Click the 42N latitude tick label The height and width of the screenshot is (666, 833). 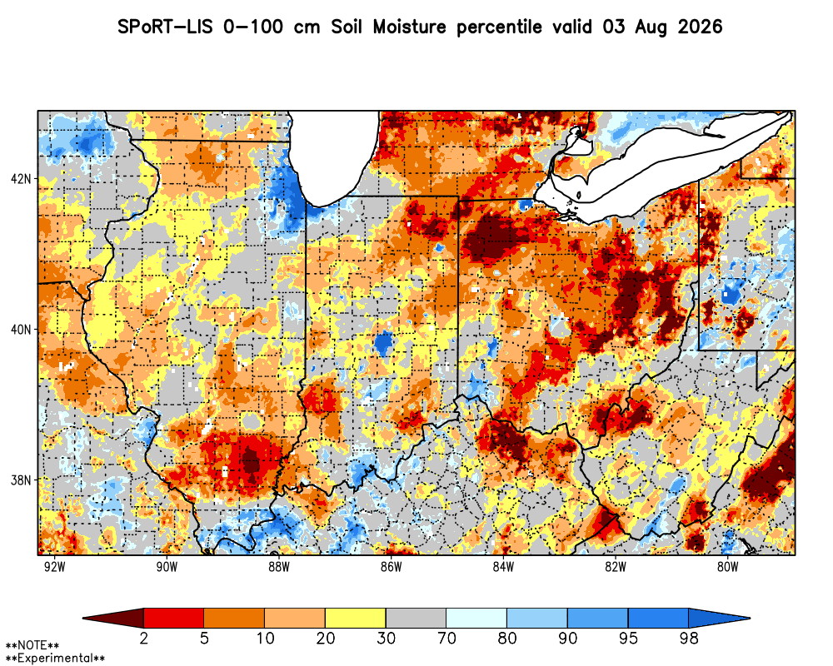click(21, 178)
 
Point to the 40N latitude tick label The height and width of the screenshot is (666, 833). click(21, 330)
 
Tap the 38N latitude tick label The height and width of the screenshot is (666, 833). click(21, 480)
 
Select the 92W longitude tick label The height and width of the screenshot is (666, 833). click(54, 567)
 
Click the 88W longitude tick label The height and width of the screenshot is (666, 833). click(279, 567)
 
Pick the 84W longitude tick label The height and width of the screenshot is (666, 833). click(503, 567)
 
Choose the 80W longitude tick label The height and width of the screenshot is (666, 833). click(728, 567)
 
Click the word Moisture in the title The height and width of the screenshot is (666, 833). click(409, 27)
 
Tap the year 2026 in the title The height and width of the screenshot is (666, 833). click(701, 27)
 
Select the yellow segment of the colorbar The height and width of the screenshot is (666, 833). click(356, 619)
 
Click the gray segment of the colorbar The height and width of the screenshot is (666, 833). click(416, 619)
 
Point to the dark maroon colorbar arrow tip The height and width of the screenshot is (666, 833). click(83, 619)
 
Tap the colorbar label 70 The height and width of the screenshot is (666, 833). click(446, 638)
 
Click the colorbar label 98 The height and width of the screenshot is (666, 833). click(689, 638)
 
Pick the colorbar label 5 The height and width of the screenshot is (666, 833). click(204, 638)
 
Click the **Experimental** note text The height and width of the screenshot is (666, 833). click(55, 659)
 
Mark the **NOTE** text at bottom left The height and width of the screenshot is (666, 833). click(32, 646)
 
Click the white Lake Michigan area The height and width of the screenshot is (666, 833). click(334, 154)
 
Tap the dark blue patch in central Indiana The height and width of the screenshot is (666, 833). click(382, 343)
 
